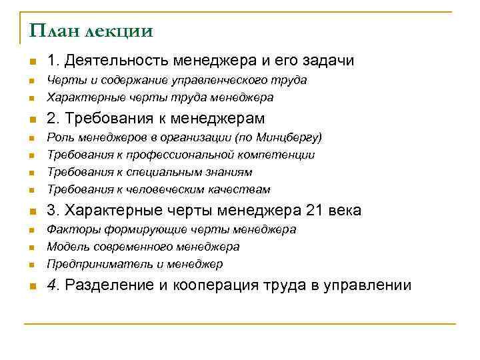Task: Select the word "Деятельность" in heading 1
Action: pyautogui.click(x=114, y=61)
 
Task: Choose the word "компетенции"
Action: pyautogui.click(x=278, y=155)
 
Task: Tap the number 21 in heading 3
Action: pyautogui.click(x=313, y=211)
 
